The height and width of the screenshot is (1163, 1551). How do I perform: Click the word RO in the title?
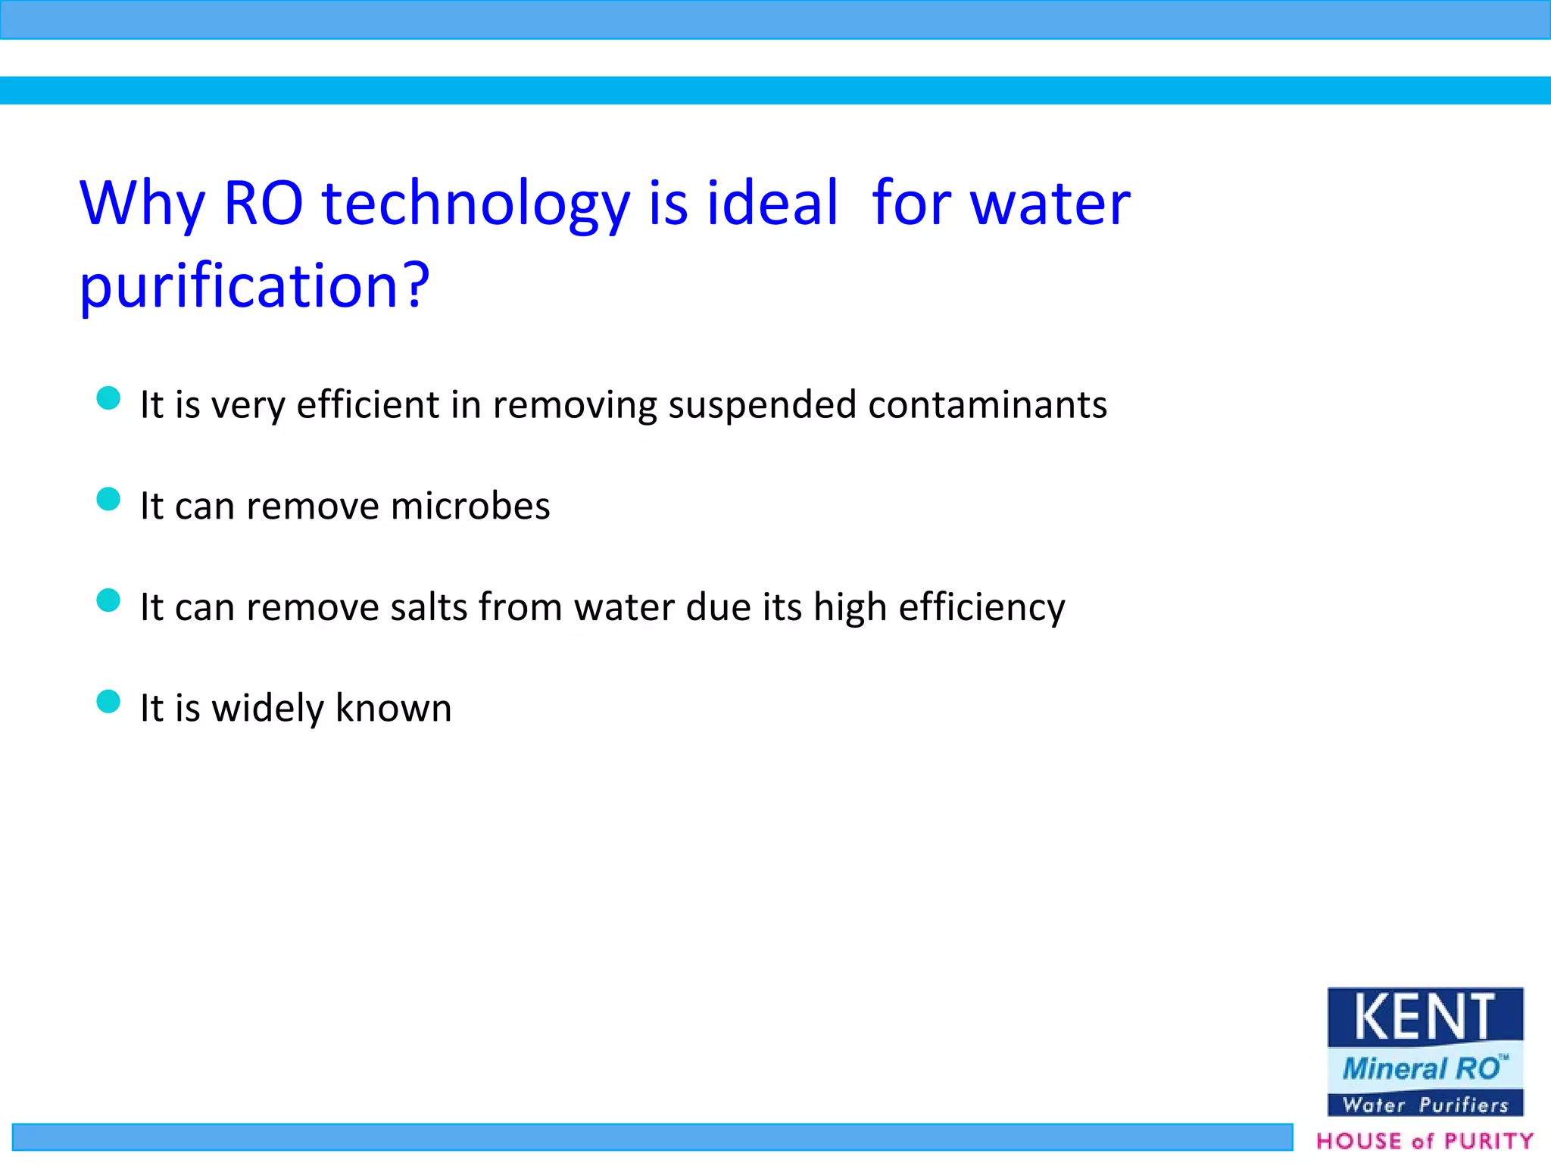pyautogui.click(x=264, y=204)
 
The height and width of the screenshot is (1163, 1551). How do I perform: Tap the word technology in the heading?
pyautogui.click(x=476, y=206)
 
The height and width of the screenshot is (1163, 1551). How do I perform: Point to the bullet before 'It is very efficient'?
pyautogui.click(x=109, y=398)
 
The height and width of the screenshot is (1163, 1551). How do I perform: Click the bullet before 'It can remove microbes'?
pyautogui.click(x=109, y=499)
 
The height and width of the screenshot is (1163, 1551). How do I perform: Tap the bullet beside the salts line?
pyautogui.click(x=109, y=600)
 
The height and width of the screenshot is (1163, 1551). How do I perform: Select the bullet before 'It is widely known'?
pyautogui.click(x=109, y=702)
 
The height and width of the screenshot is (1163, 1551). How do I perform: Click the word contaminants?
pyautogui.click(x=988, y=405)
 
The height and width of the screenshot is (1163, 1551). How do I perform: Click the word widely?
pyautogui.click(x=268, y=709)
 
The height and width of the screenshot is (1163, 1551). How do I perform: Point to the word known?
pyautogui.click(x=393, y=709)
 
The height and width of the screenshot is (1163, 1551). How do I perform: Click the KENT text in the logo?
pyautogui.click(x=1424, y=1017)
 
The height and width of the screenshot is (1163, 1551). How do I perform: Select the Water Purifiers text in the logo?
pyautogui.click(x=1425, y=1105)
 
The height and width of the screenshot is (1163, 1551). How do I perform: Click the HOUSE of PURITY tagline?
pyautogui.click(x=1425, y=1141)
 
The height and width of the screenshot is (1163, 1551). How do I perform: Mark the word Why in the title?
pyautogui.click(x=142, y=204)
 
